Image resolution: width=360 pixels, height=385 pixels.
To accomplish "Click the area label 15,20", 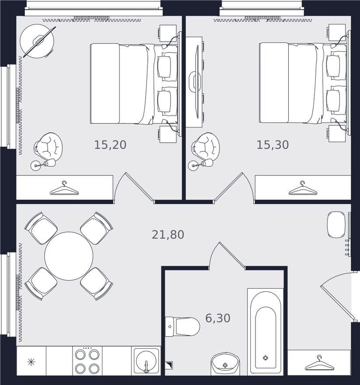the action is pos(110,145).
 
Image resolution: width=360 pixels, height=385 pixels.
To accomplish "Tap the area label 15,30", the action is pos(273,145).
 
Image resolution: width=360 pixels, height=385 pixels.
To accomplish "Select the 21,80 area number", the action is pos(168,234).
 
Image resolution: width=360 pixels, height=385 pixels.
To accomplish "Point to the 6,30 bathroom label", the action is pos(218,318).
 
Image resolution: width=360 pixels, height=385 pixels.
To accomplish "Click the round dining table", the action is pos(69,256).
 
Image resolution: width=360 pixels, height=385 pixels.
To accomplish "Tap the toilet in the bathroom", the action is pos(182,326).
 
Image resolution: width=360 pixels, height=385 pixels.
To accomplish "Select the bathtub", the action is pos(266,332).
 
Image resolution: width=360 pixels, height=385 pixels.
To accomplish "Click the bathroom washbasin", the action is pos(225,364).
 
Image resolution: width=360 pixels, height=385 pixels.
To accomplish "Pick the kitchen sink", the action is pos(146,361).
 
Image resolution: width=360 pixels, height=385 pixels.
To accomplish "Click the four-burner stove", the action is pos(87,361).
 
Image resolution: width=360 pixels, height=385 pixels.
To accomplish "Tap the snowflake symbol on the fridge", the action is pos(31,362).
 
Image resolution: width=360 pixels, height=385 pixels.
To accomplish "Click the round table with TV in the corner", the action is pos(37,41).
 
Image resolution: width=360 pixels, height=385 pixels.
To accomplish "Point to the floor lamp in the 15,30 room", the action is pos(201,164).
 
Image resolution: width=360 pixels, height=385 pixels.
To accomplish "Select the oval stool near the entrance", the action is pos(336,225).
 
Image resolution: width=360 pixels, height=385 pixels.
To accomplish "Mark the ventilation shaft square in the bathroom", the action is pos(169,365).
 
